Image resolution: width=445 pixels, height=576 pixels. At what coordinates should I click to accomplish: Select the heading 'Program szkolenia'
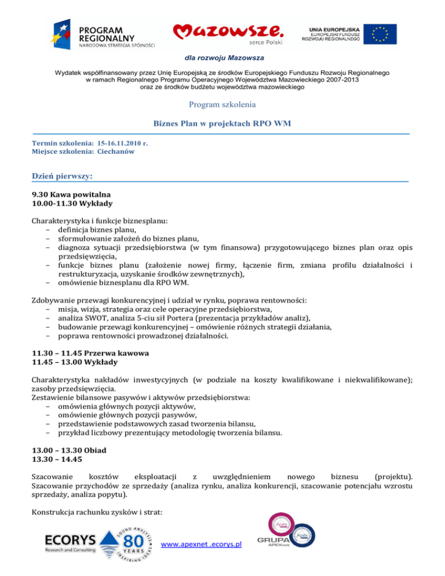tap(222, 105)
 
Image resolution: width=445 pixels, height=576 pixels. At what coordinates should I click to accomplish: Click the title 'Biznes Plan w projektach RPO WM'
tap(222, 123)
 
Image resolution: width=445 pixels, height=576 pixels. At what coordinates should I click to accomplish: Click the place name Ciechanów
tap(116, 151)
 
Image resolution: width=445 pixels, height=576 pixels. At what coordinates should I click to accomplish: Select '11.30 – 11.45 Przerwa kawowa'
tap(91, 353)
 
